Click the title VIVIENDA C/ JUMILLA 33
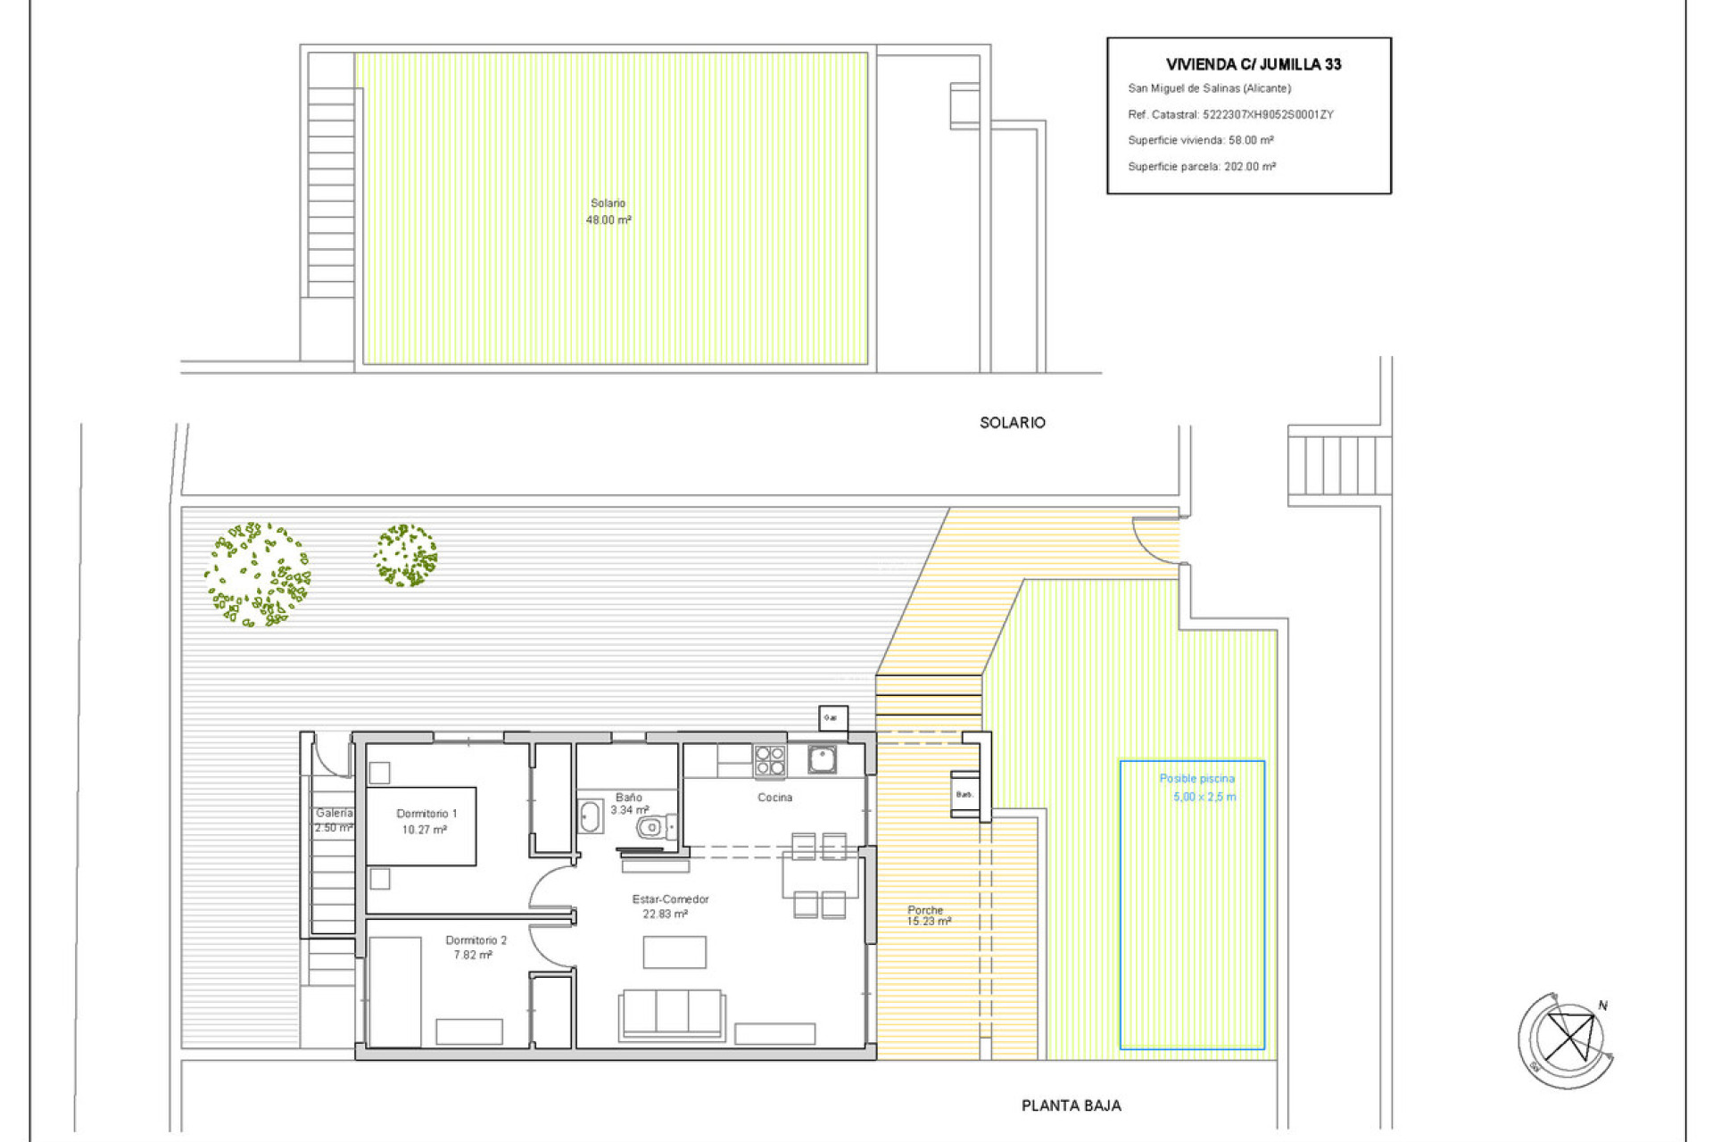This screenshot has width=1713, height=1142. pyautogui.click(x=1253, y=64)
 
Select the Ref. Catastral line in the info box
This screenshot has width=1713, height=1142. pyautogui.click(x=1229, y=114)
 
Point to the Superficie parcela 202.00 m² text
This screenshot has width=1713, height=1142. pyautogui.click(x=1201, y=167)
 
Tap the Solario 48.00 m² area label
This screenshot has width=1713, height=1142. pyautogui.click(x=608, y=211)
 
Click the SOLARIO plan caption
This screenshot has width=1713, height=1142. pyautogui.click(x=1012, y=423)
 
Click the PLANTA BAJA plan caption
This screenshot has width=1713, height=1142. pyautogui.click(x=1071, y=1105)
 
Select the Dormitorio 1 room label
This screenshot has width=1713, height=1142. pyautogui.click(x=426, y=821)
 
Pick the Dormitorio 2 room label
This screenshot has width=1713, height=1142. pyautogui.click(x=475, y=947)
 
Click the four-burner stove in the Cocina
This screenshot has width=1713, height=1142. pyautogui.click(x=769, y=761)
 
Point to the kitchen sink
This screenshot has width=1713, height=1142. pyautogui.click(x=822, y=759)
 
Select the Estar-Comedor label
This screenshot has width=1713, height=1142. pyautogui.click(x=669, y=906)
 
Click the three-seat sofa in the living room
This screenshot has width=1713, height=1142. pyautogui.click(x=672, y=1014)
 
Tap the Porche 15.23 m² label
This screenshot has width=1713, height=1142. pyautogui.click(x=928, y=915)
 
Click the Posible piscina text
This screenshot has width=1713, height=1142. pyautogui.click(x=1196, y=779)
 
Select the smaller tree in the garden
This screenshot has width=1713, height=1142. pyautogui.click(x=405, y=555)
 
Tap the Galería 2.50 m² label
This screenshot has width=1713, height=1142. pyautogui.click(x=334, y=820)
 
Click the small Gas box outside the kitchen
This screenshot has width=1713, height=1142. pyautogui.click(x=832, y=717)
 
